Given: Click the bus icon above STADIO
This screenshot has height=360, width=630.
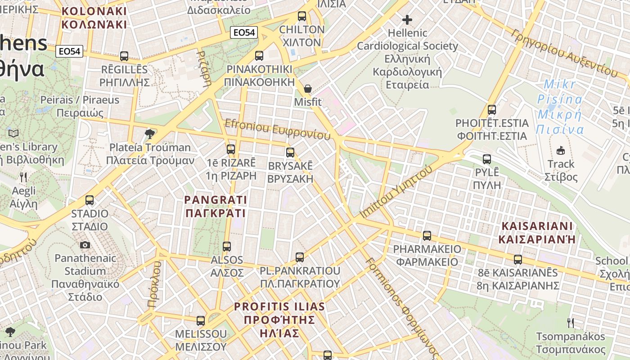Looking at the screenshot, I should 90,200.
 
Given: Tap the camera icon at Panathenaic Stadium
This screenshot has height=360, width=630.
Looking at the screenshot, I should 85,245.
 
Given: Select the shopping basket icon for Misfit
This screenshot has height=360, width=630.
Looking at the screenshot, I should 308,89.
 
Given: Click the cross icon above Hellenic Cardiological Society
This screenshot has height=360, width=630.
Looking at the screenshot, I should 407,20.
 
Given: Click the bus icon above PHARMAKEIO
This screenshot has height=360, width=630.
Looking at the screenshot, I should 427,235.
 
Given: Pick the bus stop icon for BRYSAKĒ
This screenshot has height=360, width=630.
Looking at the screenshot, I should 290,153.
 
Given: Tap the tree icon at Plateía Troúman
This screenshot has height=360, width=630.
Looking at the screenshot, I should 150,134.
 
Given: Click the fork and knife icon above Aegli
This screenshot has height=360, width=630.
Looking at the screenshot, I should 23,177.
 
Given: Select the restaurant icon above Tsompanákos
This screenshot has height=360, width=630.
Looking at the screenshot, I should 570,323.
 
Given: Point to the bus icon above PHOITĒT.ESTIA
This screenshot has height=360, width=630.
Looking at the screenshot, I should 491,109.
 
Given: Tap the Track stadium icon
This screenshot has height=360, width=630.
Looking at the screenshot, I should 561,150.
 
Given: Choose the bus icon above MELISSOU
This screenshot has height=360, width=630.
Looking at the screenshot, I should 201,321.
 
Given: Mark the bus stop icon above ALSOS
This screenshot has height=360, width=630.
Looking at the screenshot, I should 227,247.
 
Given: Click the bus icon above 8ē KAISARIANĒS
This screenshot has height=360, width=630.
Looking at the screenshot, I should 518,260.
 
